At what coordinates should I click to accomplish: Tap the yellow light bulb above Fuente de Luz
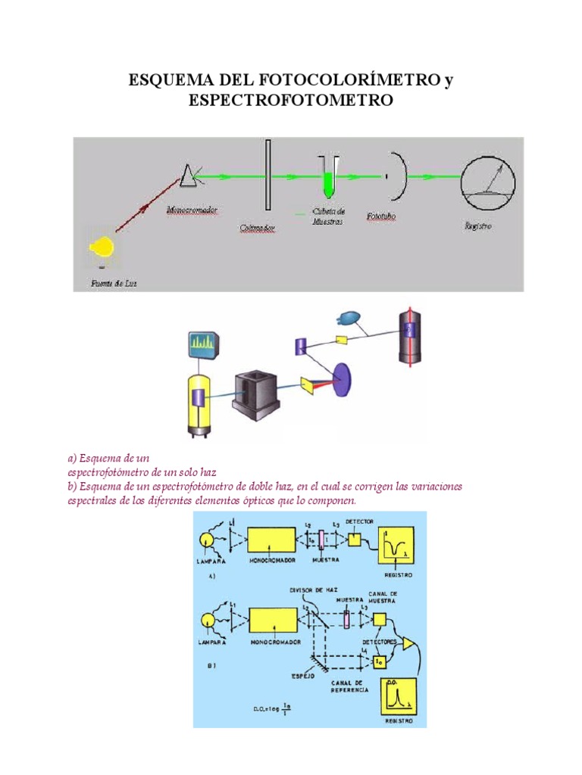point(102,247)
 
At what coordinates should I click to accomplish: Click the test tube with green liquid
point(327,177)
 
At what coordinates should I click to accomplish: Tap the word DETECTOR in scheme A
point(359,522)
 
